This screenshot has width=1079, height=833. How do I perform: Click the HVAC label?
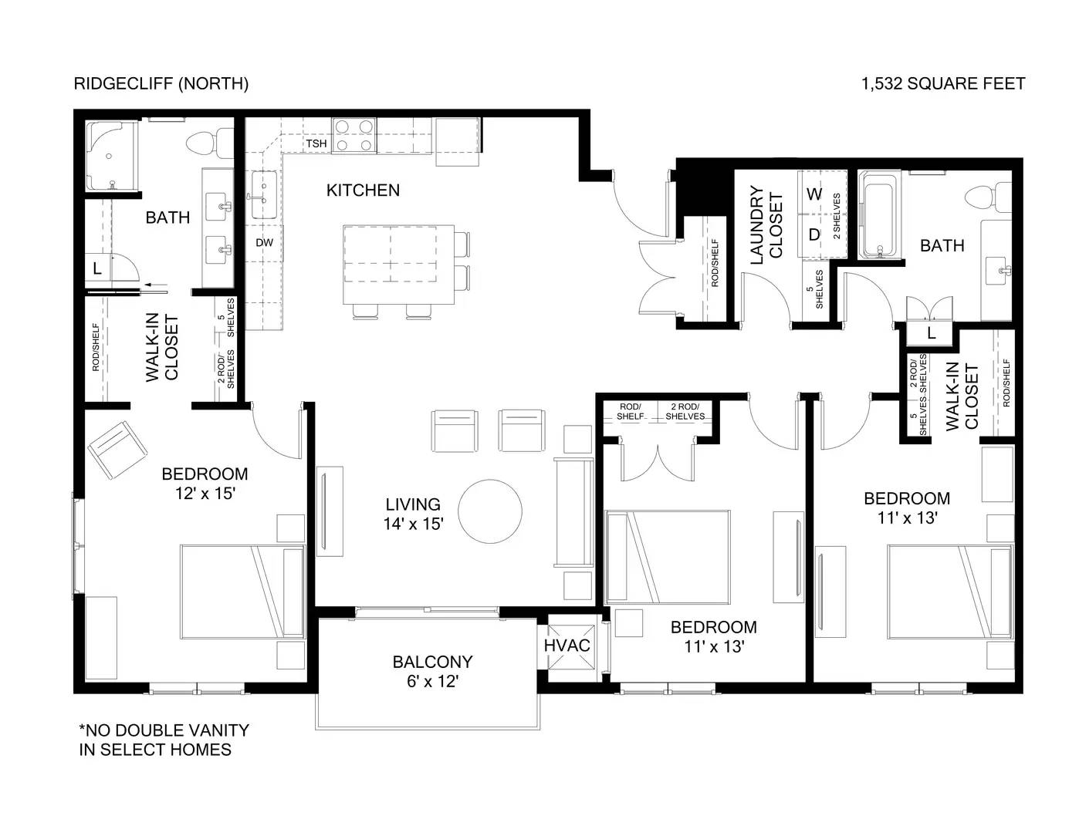coord(567,645)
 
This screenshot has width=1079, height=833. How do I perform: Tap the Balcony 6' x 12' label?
coord(432,671)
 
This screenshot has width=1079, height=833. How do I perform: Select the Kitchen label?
coord(363,190)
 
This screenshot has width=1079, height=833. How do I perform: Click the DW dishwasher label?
coord(265,242)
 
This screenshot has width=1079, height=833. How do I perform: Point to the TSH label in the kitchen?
coord(316,143)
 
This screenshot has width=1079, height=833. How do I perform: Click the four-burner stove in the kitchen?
coord(353,136)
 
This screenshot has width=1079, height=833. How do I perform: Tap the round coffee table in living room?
coord(490,511)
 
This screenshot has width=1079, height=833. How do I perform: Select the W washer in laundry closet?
coord(814,194)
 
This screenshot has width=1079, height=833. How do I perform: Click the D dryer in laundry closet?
coord(814,234)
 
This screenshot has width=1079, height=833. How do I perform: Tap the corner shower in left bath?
coord(110,157)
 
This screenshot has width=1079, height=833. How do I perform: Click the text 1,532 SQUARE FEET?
coord(943,83)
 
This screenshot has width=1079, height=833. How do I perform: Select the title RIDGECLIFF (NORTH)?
coord(161,83)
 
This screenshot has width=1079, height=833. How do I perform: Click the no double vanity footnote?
coord(164,739)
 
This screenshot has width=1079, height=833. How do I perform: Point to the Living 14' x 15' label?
coord(413,514)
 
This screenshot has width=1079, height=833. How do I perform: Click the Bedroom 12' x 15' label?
coord(205,484)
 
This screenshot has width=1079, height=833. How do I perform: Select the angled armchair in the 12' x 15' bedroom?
coord(117,448)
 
